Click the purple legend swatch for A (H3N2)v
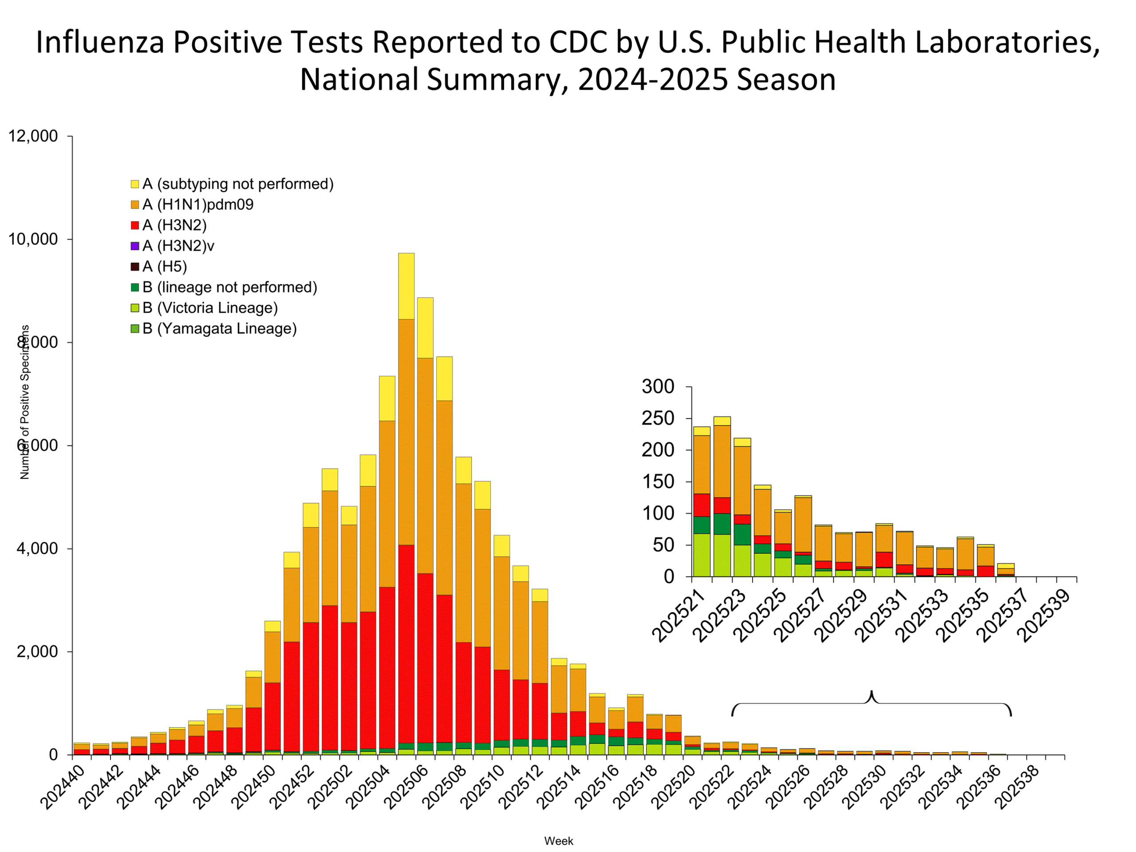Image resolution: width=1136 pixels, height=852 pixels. pyautogui.click(x=135, y=246)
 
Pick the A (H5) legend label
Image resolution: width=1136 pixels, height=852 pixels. pyautogui.click(x=164, y=267)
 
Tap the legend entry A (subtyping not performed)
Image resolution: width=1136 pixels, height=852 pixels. pyautogui.click(x=238, y=184)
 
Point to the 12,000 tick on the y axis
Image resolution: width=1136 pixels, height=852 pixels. pyautogui.click(x=33, y=136)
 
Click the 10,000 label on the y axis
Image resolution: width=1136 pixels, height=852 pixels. pyautogui.click(x=33, y=239)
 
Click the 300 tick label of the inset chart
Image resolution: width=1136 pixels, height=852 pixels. pyautogui.click(x=658, y=387)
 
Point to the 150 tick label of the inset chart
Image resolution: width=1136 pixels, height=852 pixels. pyautogui.click(x=658, y=482)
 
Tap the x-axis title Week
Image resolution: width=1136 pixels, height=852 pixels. pyautogui.click(x=559, y=841)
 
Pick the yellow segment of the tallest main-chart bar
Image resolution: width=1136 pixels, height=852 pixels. pyautogui.click(x=406, y=286)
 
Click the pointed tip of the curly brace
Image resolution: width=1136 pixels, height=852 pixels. pyautogui.click(x=872, y=691)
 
